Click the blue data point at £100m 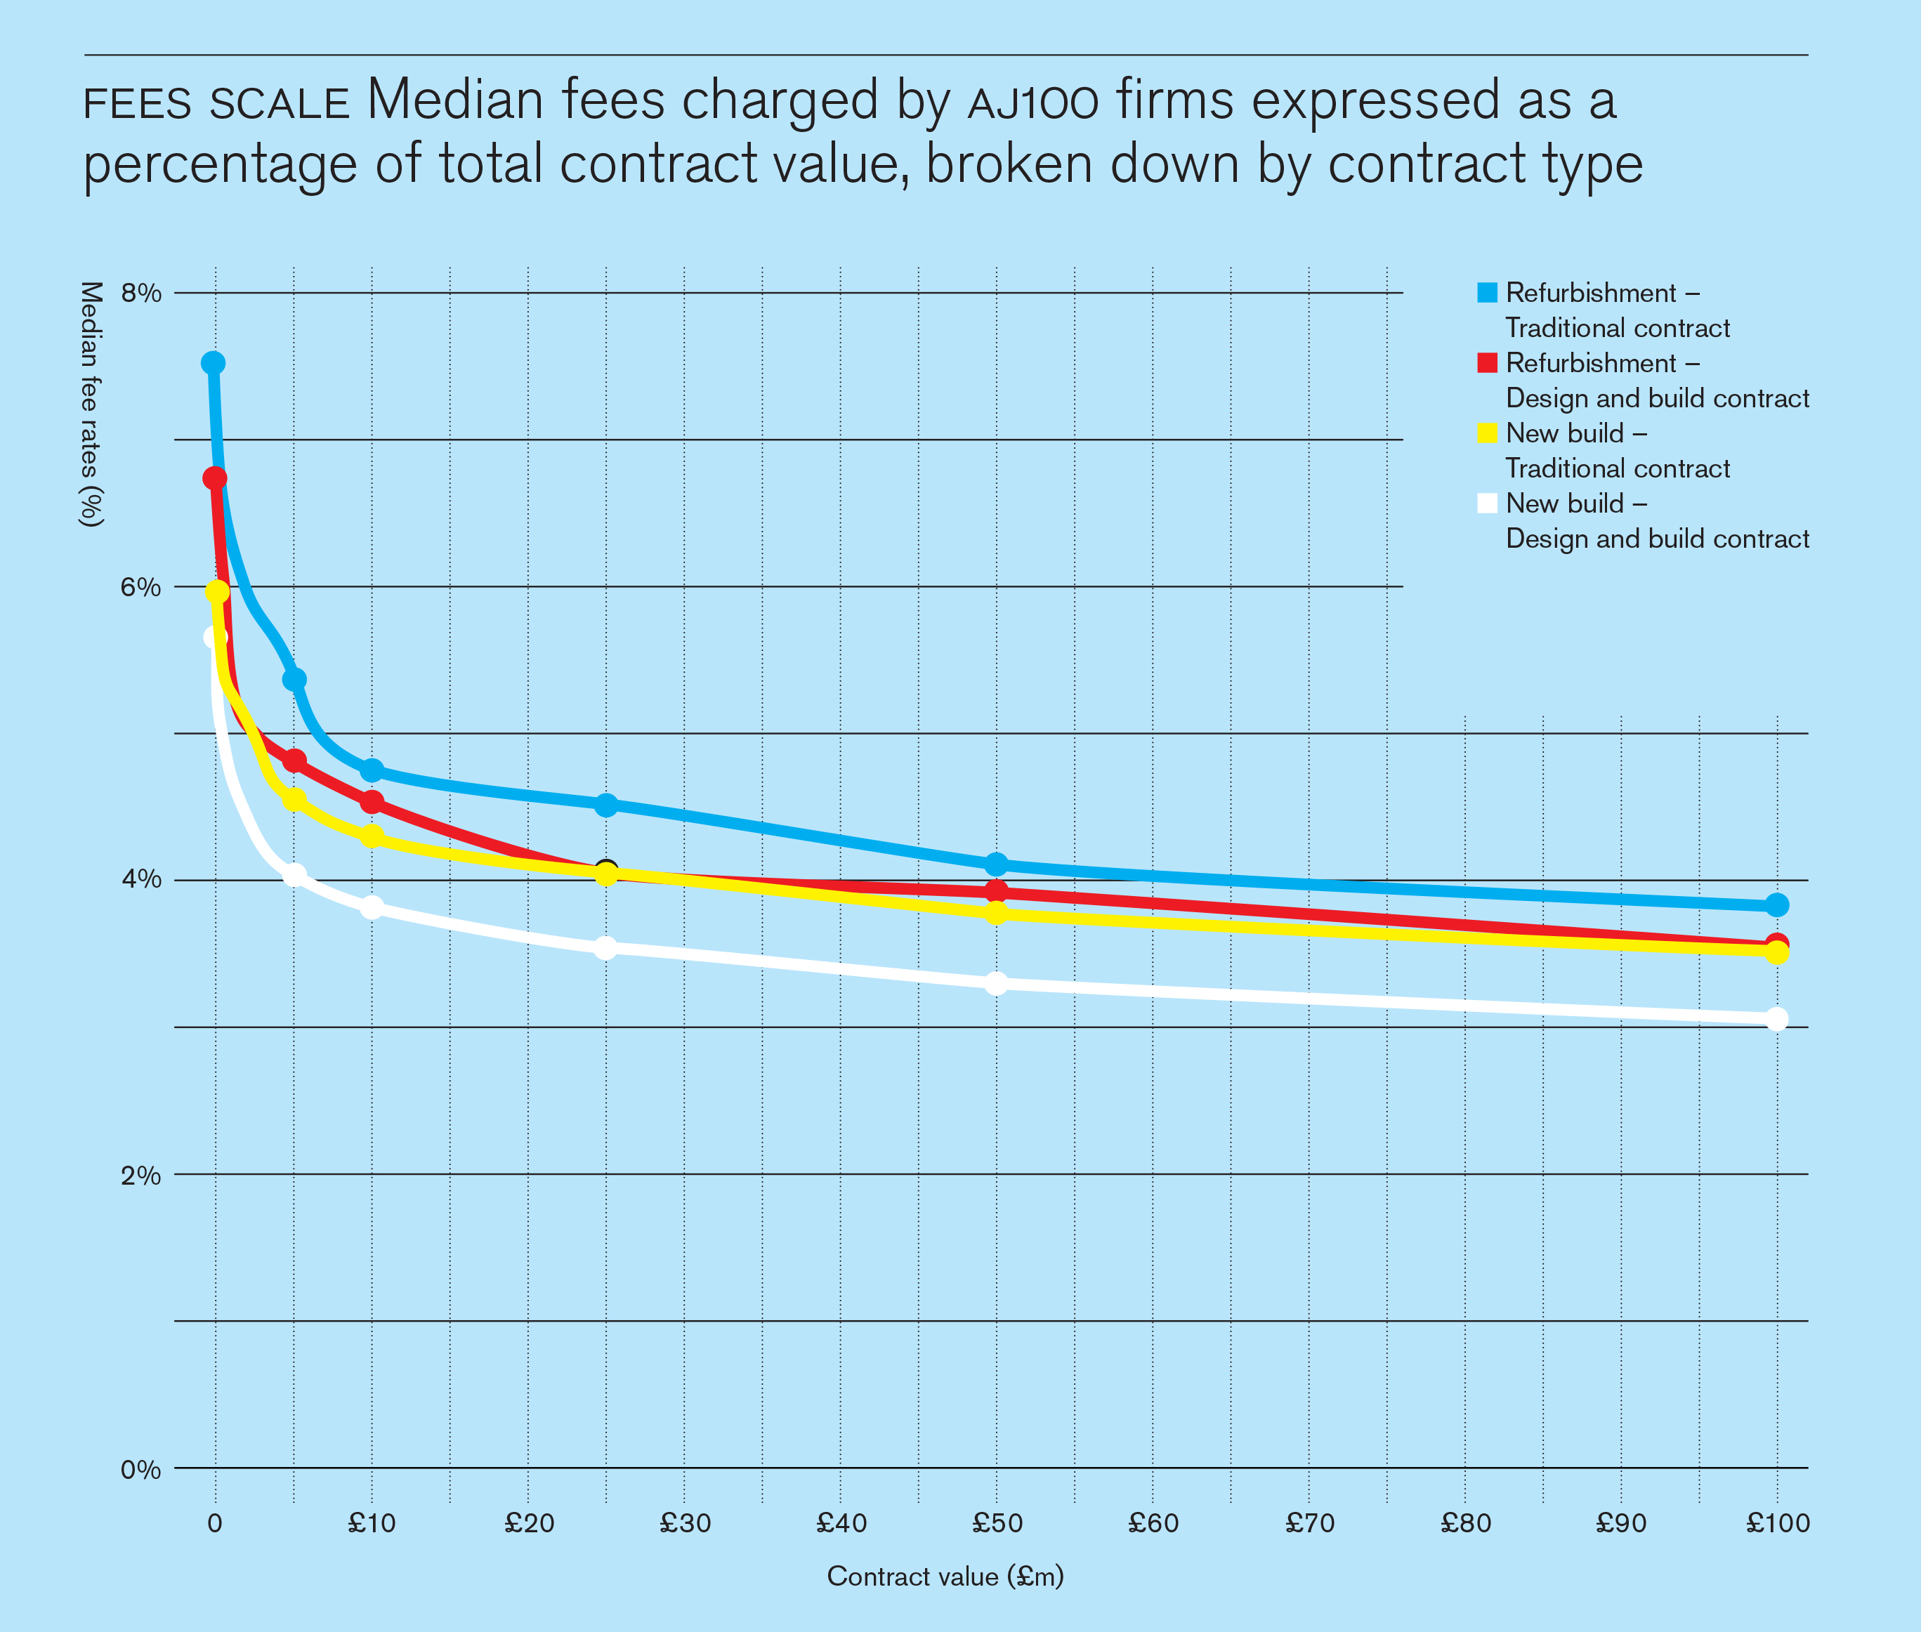[1776, 904]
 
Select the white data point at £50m [996, 983]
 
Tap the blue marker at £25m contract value [605, 805]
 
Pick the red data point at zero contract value [215, 478]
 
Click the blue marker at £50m [996, 864]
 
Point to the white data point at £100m [1776, 1019]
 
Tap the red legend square [1487, 362]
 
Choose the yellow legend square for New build [1487, 433]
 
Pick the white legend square [1487, 504]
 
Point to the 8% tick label [140, 294]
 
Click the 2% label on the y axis [140, 1175]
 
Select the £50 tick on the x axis [997, 1524]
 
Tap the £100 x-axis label [1776, 1524]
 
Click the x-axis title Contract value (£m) [945, 1577]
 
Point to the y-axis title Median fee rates [91, 404]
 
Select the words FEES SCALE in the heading [216, 104]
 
